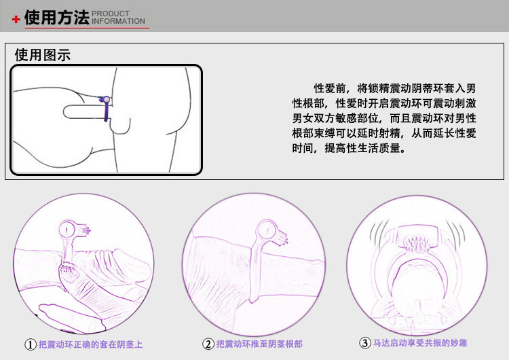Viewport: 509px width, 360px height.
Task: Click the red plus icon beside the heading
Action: (16, 19)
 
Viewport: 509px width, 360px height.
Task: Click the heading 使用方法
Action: (56, 17)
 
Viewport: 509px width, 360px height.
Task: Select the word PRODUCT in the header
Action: (111, 14)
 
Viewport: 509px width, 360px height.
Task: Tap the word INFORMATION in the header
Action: (118, 21)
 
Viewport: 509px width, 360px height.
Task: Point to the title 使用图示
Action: (43, 55)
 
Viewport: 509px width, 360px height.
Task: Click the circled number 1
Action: (31, 344)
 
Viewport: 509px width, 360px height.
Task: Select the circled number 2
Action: (208, 344)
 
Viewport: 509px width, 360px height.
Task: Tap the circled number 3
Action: (364, 343)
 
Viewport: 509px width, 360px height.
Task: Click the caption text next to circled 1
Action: (90, 344)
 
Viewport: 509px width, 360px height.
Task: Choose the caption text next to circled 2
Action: (259, 344)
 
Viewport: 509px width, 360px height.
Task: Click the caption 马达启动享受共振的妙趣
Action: (420, 343)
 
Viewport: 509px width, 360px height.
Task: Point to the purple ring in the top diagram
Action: (106, 108)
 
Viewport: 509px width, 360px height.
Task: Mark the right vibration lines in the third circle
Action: (455, 233)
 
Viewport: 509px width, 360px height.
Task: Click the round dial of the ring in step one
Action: (67, 230)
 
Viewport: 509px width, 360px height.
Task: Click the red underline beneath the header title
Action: (87, 28)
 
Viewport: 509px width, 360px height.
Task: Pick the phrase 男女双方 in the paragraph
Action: (314, 118)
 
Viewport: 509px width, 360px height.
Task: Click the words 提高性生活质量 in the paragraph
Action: (362, 148)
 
